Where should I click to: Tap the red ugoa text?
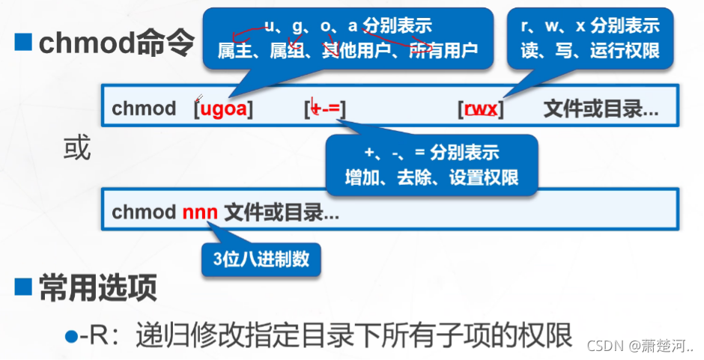[x=223, y=109]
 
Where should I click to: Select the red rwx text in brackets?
[x=481, y=109]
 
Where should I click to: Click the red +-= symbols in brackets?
[x=325, y=109]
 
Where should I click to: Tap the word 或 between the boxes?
[x=77, y=149]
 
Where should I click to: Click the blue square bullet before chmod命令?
[x=23, y=43]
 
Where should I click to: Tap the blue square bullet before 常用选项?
[x=23, y=287]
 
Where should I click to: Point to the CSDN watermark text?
[x=640, y=346]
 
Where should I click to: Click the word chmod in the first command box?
[x=144, y=109]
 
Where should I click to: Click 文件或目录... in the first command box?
[x=601, y=109]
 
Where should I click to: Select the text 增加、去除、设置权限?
[x=431, y=178]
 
